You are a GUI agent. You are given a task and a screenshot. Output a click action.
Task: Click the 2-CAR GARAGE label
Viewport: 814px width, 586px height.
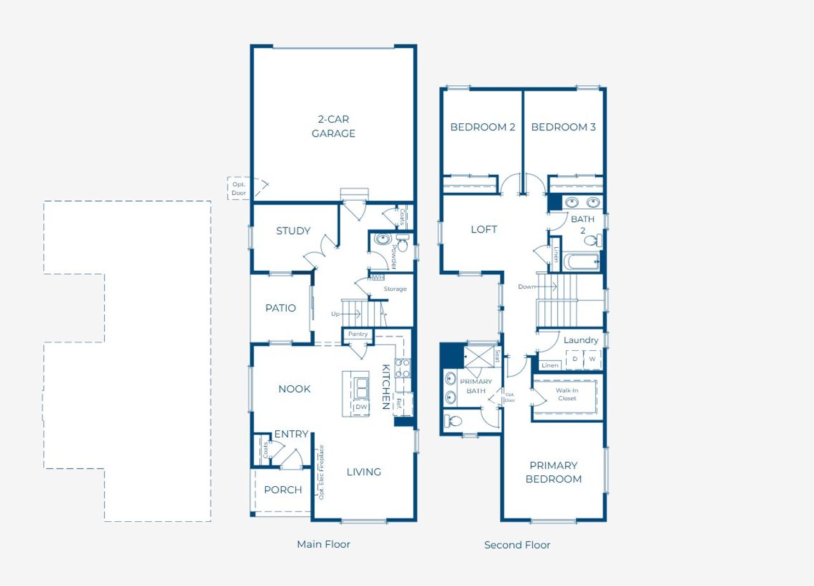click(333, 126)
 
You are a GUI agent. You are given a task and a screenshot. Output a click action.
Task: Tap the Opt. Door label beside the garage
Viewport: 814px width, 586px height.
click(238, 188)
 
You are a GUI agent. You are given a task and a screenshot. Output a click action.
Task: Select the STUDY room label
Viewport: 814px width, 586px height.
click(293, 231)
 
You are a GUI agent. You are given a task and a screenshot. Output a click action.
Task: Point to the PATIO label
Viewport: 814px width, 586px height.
click(280, 308)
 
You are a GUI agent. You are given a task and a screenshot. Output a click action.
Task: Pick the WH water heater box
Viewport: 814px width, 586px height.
click(378, 277)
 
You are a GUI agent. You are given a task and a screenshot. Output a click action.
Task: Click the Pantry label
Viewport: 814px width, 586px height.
click(358, 334)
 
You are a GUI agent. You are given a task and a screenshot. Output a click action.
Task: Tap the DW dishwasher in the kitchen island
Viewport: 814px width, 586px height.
click(361, 407)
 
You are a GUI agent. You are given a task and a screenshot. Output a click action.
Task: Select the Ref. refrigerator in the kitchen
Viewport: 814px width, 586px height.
click(399, 403)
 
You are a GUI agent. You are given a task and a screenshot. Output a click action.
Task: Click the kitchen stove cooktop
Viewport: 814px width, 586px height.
click(403, 369)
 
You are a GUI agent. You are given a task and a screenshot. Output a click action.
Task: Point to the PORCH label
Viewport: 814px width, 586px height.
click(283, 489)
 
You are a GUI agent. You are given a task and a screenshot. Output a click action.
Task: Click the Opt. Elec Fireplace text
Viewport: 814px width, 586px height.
click(321, 472)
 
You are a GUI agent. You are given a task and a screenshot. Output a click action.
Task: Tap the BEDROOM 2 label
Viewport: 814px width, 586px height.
click(483, 127)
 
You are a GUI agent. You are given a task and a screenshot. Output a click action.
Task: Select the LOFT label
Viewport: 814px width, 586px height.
click(484, 229)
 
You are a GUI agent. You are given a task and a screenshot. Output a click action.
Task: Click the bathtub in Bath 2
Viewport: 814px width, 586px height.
click(581, 262)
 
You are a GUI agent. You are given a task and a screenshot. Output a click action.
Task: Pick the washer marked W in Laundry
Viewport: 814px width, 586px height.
click(592, 359)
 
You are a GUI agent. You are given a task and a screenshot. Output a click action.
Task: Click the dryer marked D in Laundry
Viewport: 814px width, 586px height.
click(575, 359)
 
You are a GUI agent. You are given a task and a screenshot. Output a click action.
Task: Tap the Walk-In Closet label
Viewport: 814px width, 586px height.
click(567, 394)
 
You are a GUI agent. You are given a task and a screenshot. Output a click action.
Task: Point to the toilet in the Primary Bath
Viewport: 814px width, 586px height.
click(455, 420)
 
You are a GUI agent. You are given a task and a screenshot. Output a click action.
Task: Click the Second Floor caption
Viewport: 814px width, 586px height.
click(517, 545)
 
